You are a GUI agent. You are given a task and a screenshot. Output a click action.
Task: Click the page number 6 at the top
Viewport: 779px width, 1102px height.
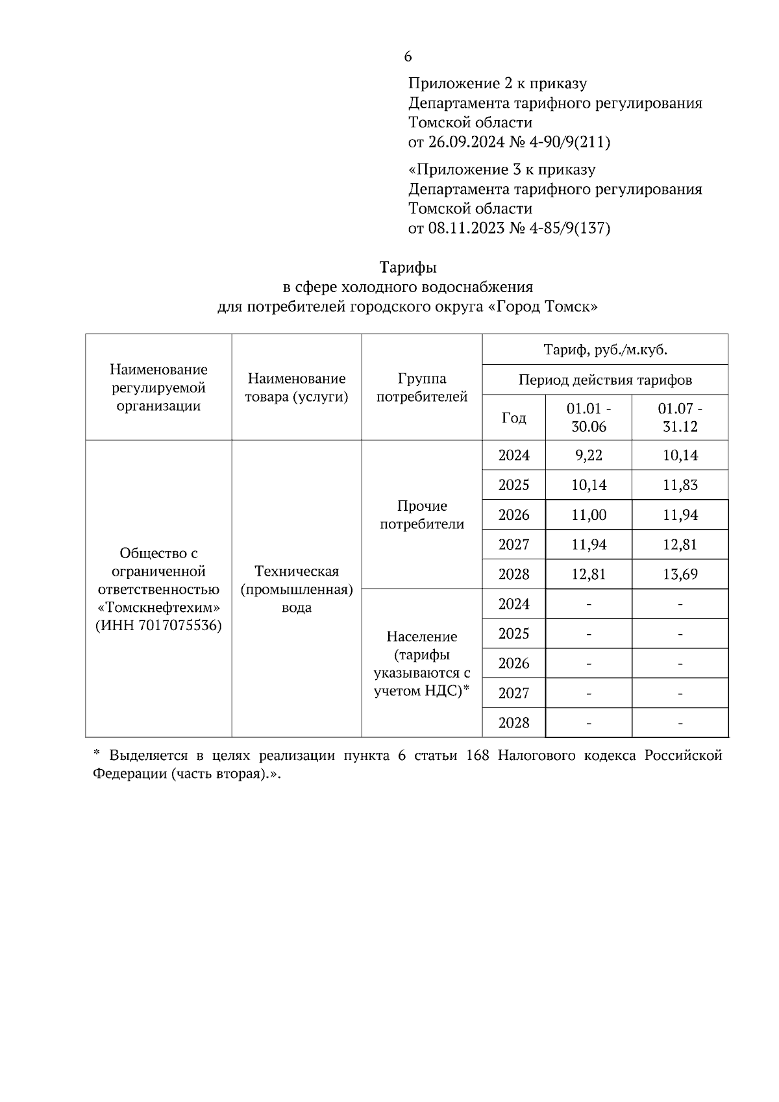408,57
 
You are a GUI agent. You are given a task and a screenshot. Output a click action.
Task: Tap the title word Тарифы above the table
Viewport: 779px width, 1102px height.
408,267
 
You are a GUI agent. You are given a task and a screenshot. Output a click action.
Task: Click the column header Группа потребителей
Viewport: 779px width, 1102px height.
422,388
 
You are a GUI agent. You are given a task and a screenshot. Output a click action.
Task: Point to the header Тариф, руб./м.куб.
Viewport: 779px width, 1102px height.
605,350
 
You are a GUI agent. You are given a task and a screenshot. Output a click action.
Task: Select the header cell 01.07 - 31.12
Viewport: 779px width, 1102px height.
680,418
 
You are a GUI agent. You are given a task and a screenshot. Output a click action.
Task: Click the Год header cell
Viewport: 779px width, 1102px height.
513,418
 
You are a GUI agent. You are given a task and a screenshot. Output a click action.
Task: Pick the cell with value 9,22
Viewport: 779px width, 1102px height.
588,456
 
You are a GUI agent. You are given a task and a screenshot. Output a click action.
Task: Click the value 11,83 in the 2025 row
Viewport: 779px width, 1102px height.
680,485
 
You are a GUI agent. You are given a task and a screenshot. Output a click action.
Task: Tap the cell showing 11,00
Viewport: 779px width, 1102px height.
588,515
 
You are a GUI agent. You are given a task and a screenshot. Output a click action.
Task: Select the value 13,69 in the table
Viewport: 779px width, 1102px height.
680,574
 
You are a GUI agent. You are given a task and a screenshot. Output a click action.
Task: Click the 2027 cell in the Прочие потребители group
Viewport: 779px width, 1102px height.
513,545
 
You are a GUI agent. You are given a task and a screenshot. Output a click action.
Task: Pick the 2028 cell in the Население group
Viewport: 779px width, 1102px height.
513,723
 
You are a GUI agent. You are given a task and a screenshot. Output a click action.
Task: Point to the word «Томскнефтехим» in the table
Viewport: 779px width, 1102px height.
158,608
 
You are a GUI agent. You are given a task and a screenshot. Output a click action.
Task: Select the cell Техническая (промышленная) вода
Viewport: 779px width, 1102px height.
297,589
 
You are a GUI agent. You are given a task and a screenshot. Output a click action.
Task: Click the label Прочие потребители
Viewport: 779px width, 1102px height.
422,515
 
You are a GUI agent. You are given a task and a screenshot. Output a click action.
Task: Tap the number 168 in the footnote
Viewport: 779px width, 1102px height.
478,756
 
